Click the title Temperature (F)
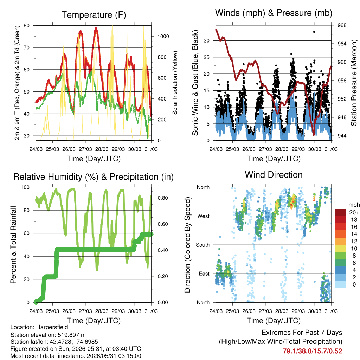click(94, 15)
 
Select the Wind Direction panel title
click(274, 175)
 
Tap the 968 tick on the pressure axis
click(342, 25)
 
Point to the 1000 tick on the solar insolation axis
click(163, 36)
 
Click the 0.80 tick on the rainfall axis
click(163, 198)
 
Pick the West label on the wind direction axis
click(204, 216)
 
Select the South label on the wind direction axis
click(203, 245)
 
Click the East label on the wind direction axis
click(204, 274)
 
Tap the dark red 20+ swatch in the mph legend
click(340, 212)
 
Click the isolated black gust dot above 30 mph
click(314, 32)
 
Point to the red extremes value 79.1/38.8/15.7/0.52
click(312, 351)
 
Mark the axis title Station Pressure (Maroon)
click(354, 83)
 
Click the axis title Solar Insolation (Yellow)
click(175, 83)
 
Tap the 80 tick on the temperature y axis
click(27, 25)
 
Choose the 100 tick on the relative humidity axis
click(25, 187)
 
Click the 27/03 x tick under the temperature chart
click(85, 149)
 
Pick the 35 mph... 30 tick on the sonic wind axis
click(207, 41)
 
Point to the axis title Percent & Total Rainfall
click(13, 245)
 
